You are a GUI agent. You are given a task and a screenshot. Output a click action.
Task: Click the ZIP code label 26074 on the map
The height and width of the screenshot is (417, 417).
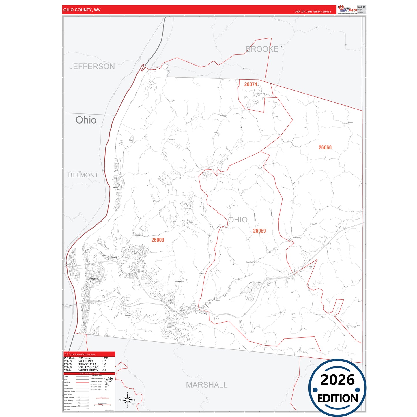click(250, 84)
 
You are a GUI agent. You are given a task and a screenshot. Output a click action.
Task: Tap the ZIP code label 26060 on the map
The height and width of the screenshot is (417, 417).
click(325, 147)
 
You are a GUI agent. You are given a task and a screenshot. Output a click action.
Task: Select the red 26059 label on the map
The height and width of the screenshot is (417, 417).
click(259, 231)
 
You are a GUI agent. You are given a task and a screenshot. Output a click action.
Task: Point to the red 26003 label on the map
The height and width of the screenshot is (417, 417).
click(158, 240)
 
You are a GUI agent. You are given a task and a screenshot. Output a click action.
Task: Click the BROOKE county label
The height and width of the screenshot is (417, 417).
click(262, 49)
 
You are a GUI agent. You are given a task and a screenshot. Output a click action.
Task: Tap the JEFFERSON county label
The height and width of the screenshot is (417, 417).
click(92, 66)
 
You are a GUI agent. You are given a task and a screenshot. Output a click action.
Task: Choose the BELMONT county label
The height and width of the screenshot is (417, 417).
click(83, 175)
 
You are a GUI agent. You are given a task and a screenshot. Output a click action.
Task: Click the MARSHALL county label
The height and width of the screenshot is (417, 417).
click(207, 385)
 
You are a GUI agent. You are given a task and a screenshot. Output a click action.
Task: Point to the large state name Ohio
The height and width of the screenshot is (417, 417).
click(86, 120)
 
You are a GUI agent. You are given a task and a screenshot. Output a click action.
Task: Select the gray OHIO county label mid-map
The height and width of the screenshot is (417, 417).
click(238, 220)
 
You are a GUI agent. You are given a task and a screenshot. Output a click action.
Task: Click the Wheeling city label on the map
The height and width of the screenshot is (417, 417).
click(94, 278)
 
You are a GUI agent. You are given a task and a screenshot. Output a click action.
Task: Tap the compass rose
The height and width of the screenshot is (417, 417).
click(127, 400)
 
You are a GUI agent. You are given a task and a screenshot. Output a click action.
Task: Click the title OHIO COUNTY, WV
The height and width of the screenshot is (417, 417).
click(82, 10)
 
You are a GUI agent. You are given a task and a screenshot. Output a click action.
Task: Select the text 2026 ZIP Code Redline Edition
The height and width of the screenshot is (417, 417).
click(313, 12)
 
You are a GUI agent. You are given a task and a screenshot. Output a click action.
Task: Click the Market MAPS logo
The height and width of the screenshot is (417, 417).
click(347, 9)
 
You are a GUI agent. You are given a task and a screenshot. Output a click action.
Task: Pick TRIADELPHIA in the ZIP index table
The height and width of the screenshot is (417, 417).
click(87, 364)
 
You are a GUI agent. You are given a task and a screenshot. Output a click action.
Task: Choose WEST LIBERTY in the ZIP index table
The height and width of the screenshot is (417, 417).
click(88, 370)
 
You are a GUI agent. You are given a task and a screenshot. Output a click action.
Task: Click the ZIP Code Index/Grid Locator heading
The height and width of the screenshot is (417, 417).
click(80, 354)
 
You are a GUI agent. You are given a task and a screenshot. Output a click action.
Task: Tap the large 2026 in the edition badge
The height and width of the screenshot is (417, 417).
click(337, 380)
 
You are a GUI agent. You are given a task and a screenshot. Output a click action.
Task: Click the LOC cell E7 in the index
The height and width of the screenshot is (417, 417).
click(104, 361)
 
